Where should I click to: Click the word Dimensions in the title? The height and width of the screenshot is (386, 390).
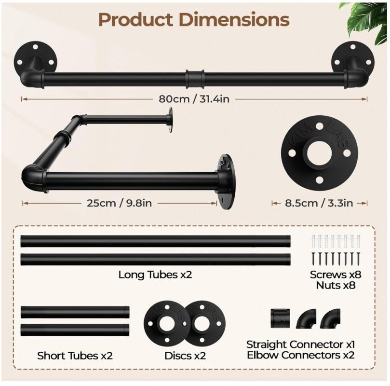point(234,19)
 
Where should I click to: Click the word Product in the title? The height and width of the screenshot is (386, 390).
point(135,19)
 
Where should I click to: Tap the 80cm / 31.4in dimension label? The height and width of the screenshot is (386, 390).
point(194,99)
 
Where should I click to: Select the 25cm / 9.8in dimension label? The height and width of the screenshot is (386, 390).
point(119,203)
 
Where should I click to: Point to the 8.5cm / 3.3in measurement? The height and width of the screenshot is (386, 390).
point(319,203)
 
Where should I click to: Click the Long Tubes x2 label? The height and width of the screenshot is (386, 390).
point(155,275)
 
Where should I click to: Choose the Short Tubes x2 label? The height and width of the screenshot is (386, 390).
point(75,356)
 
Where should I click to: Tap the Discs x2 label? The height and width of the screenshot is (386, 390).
point(185,356)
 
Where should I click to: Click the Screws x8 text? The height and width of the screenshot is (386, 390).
point(336,275)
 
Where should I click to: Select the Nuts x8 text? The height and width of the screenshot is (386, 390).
point(336,285)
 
